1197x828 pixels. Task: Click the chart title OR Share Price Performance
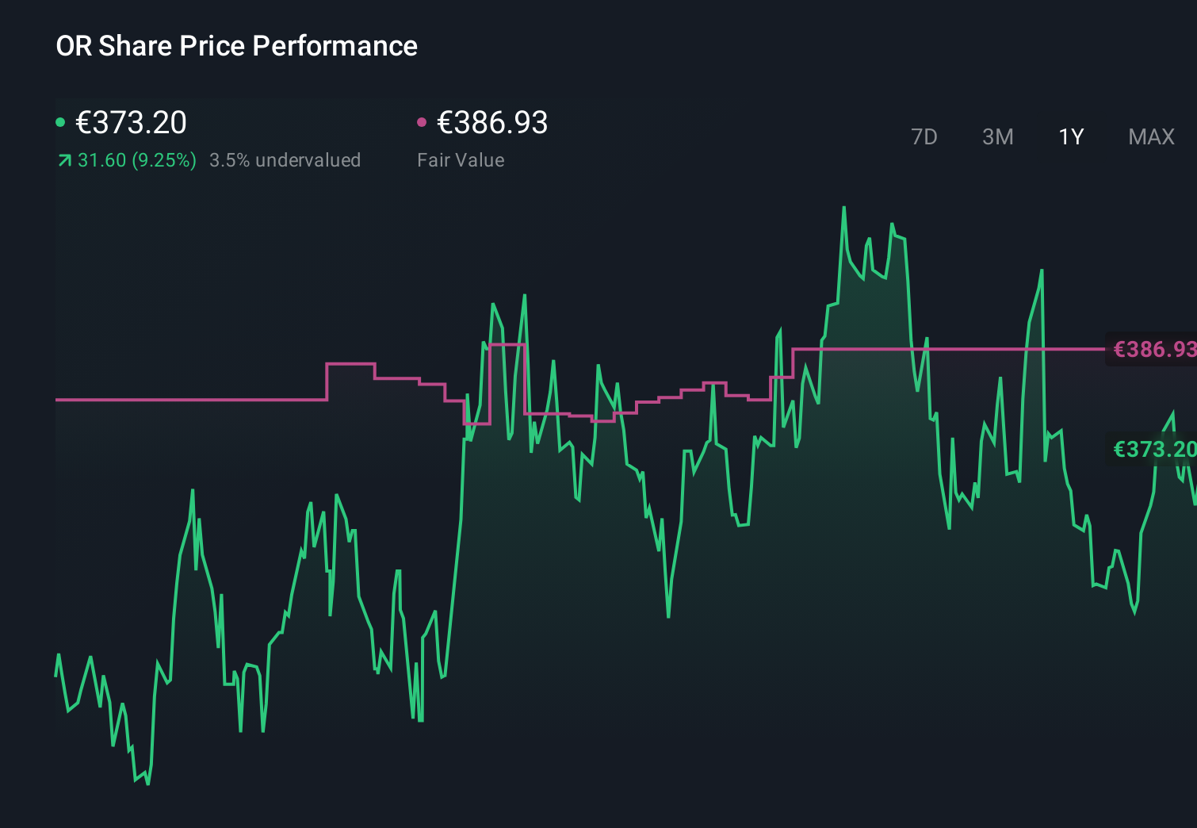(236, 46)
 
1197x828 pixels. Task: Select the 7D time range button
(924, 137)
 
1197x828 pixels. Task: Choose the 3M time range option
(997, 137)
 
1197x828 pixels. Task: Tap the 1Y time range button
(1071, 137)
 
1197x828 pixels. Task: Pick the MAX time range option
(1151, 137)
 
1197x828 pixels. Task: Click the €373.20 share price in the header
(131, 123)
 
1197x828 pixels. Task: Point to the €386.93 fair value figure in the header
(492, 123)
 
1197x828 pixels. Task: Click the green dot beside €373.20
(60, 122)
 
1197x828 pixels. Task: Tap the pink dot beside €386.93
(422, 122)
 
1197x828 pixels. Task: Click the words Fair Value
(461, 160)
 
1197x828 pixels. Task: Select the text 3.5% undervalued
(285, 160)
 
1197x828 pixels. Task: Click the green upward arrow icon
(64, 161)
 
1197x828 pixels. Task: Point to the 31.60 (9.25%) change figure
(136, 160)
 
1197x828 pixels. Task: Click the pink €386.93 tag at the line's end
(1153, 349)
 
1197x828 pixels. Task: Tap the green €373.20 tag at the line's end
(1153, 449)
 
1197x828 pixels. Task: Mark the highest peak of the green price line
(843, 208)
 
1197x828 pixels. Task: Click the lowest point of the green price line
(147, 784)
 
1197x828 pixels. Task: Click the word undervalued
(308, 160)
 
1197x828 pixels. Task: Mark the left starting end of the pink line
(57, 400)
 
